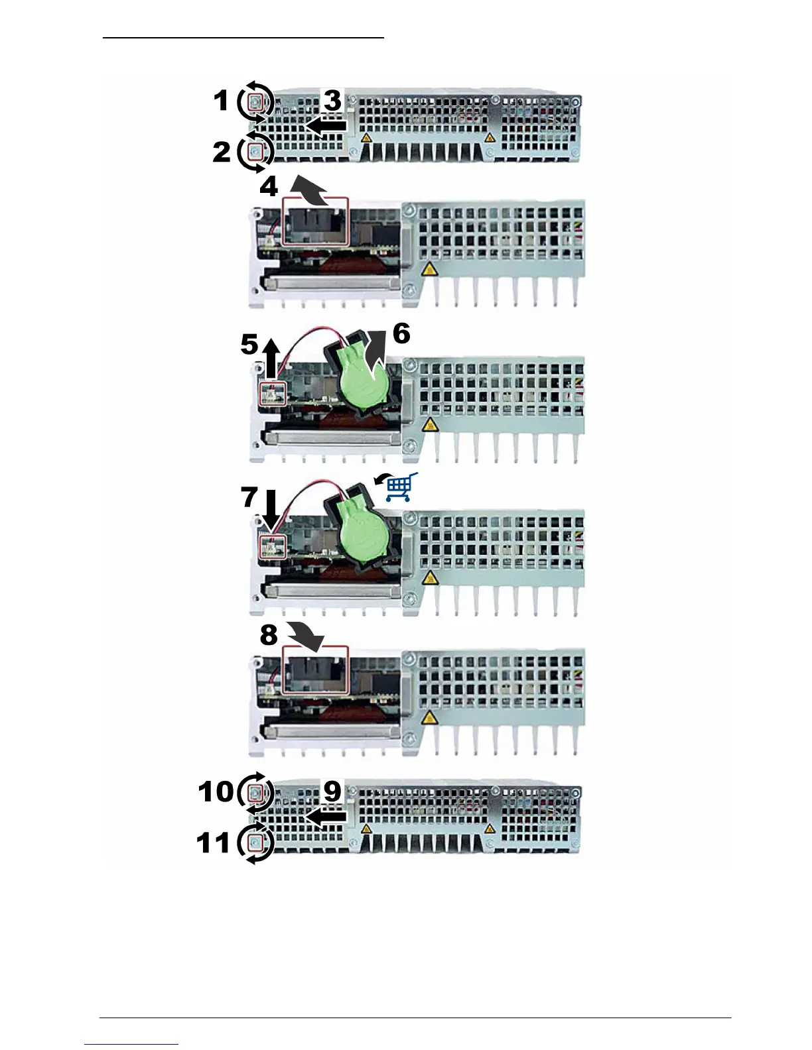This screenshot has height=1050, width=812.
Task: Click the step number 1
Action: pyautogui.click(x=221, y=101)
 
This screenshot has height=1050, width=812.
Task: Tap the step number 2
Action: pyautogui.click(x=222, y=152)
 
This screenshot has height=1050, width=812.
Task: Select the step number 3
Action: pyautogui.click(x=332, y=101)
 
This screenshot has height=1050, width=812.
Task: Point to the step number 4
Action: pyautogui.click(x=269, y=187)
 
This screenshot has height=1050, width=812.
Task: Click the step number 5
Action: pyautogui.click(x=249, y=345)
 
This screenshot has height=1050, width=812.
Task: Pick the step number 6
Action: pyautogui.click(x=401, y=333)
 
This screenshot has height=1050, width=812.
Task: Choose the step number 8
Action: pyautogui.click(x=269, y=634)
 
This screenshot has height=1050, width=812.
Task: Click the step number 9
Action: pyautogui.click(x=332, y=791)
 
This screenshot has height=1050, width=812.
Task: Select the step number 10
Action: pyautogui.click(x=216, y=791)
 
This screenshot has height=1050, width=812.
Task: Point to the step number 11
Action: pyautogui.click(x=214, y=843)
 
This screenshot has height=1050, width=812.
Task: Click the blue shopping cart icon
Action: pyautogui.click(x=401, y=488)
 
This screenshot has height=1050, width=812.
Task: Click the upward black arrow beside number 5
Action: pyautogui.click(x=270, y=358)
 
